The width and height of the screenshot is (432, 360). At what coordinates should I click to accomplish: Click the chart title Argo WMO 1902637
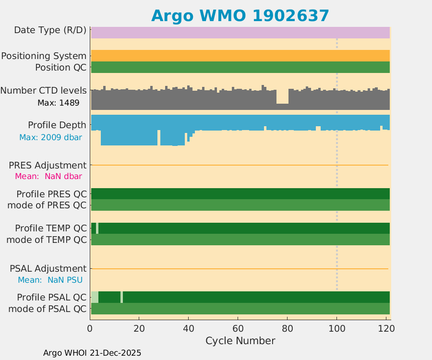[240, 16]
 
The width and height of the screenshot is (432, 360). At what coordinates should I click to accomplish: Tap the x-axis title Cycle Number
[240, 341]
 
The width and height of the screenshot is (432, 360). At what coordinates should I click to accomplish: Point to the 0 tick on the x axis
[90, 328]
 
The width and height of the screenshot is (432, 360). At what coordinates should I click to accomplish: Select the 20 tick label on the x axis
[139, 328]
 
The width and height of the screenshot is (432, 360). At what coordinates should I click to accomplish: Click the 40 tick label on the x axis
[188, 328]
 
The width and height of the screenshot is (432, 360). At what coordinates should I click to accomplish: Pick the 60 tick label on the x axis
[238, 328]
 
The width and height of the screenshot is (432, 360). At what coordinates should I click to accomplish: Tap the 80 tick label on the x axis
[287, 328]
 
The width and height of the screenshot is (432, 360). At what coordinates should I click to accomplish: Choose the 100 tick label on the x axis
[336, 328]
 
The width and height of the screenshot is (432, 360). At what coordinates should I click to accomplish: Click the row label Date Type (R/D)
[50, 30]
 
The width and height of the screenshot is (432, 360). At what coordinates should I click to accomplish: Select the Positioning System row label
[44, 56]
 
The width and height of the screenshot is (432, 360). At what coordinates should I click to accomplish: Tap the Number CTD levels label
[43, 91]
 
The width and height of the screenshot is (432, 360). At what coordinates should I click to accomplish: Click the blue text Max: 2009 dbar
[50, 137]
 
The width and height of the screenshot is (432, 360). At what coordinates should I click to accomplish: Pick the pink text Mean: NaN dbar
[48, 176]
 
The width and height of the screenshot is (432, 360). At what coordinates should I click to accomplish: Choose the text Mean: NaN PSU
[50, 280]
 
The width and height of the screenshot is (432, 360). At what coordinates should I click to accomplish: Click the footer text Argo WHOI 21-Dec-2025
[92, 353]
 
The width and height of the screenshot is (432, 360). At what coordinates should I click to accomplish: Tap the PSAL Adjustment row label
[48, 268]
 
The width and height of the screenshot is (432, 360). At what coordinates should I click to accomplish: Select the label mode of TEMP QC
[47, 240]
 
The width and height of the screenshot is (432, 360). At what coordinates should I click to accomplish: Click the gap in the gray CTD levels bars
[282, 96]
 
